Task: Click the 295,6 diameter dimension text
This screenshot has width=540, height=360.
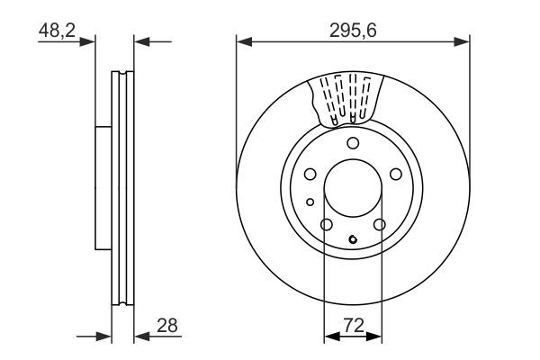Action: (x=352, y=30)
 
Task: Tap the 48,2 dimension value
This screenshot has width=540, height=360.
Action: (x=55, y=30)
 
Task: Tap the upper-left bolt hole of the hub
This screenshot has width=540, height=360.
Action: (x=310, y=175)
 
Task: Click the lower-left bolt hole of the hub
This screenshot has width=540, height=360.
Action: (x=327, y=225)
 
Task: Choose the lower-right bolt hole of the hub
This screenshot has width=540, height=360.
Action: (x=380, y=225)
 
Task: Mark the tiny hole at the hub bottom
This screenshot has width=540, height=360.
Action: (x=353, y=239)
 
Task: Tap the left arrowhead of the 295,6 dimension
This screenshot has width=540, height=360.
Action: (x=242, y=40)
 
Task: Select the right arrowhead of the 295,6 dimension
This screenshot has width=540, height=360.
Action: (x=463, y=40)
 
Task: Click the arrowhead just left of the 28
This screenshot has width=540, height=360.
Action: (x=141, y=336)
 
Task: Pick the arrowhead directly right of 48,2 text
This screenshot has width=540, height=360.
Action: (x=88, y=40)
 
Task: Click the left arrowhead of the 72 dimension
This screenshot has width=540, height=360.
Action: (x=328, y=336)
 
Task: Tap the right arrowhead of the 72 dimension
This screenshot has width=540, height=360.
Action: (x=377, y=336)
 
